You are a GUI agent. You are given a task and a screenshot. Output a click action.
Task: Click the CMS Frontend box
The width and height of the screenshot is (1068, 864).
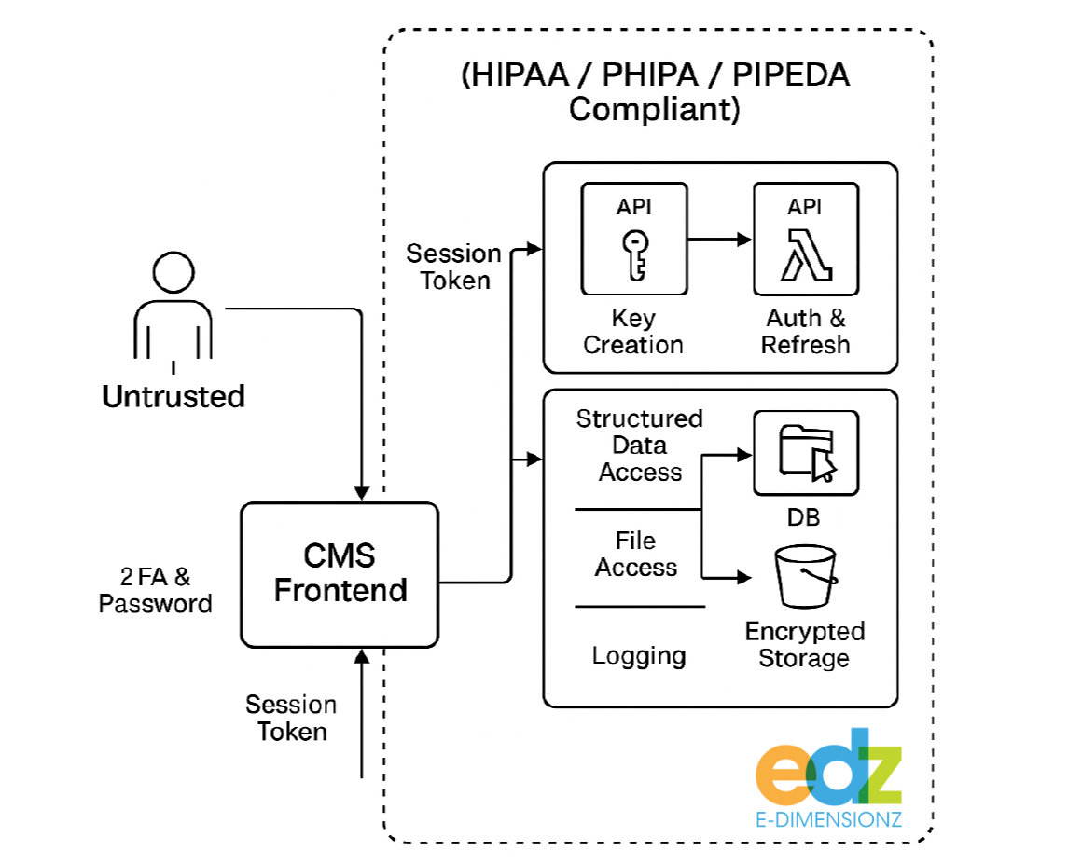click(340, 574)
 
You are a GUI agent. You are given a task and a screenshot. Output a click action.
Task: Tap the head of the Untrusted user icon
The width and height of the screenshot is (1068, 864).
click(173, 273)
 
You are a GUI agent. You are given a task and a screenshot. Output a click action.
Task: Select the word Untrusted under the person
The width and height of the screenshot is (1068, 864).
click(173, 396)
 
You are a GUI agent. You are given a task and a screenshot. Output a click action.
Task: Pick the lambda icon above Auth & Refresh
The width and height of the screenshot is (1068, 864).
click(806, 254)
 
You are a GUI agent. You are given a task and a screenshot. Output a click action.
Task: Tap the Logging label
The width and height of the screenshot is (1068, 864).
click(639, 655)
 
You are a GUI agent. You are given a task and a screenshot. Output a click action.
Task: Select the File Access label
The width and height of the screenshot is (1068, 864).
click(636, 554)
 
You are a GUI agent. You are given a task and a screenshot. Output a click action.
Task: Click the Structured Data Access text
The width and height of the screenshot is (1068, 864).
click(640, 446)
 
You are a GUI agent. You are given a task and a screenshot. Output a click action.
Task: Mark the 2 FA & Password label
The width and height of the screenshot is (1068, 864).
click(156, 590)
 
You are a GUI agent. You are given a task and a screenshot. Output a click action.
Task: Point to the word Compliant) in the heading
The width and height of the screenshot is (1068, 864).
click(654, 109)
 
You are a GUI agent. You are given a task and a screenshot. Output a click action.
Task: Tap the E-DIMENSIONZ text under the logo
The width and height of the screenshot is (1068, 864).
click(829, 819)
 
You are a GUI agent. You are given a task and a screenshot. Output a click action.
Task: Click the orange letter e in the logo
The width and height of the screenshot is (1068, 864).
click(784, 775)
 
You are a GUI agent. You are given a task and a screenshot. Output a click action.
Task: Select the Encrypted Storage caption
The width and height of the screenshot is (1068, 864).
click(805, 644)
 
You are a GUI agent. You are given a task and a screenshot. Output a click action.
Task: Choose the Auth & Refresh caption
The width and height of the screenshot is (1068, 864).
click(806, 331)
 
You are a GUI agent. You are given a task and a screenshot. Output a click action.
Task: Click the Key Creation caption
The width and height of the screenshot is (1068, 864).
click(633, 331)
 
